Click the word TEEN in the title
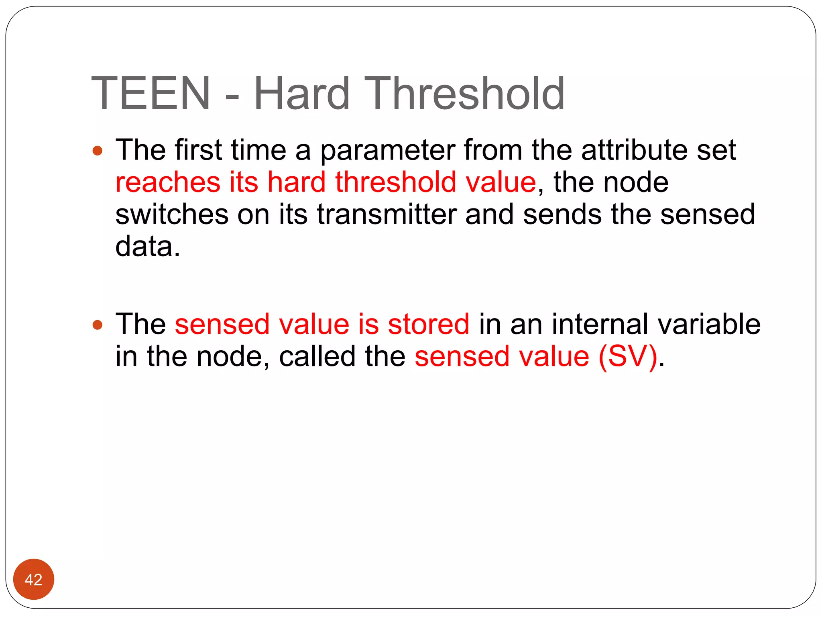point(151,93)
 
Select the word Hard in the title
point(302,93)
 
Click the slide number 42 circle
point(34,579)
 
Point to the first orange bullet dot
point(98,151)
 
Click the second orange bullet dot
point(98,325)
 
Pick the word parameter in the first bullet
point(387,150)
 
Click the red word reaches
point(168,182)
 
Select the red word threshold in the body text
point(396,182)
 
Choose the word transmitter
point(387,214)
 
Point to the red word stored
point(428,324)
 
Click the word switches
point(172,214)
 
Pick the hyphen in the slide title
point(232,96)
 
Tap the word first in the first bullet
point(198,149)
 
